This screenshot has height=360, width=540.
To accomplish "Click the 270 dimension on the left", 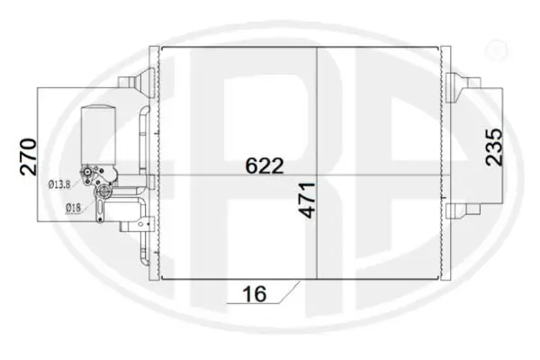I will coord(27,155).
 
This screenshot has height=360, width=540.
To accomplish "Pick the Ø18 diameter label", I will coord(74,208).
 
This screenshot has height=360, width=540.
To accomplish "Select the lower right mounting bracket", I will coord(456,211).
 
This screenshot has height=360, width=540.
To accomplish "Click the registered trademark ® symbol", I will coord(494,49).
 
